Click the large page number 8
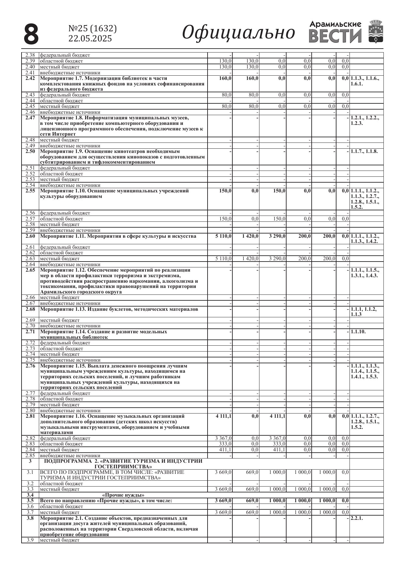click(31, 34)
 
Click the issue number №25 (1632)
click(92, 29)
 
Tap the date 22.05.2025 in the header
click(90, 38)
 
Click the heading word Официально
click(238, 33)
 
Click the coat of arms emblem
click(376, 31)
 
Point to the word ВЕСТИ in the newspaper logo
click(335, 36)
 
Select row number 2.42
click(30, 79)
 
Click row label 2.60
click(30, 236)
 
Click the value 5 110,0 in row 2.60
click(224, 236)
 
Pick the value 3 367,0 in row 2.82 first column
click(224, 438)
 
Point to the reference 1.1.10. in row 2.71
click(358, 332)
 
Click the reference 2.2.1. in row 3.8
click(357, 518)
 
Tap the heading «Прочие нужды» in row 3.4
click(123, 495)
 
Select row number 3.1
click(30, 472)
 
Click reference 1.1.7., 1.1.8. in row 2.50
click(364, 152)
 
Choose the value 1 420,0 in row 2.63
click(250, 259)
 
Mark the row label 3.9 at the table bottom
click(30, 540)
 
